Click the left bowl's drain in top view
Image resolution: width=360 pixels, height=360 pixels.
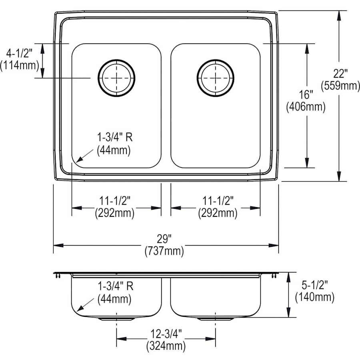click(116, 78)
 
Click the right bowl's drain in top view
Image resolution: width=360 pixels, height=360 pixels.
click(216, 78)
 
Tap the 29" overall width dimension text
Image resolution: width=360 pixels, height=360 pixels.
click(164, 239)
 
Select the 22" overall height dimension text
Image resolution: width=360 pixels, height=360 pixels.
click(340, 74)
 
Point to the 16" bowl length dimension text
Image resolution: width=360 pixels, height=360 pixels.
click(306, 95)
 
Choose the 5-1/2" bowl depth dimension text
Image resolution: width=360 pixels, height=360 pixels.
click(314, 285)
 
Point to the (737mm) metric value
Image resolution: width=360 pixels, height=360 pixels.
click(164, 252)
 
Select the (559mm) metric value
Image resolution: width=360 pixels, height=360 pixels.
click(340, 86)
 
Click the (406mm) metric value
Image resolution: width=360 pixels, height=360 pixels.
click(306, 107)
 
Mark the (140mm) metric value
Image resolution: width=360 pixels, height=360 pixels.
click(314, 297)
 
